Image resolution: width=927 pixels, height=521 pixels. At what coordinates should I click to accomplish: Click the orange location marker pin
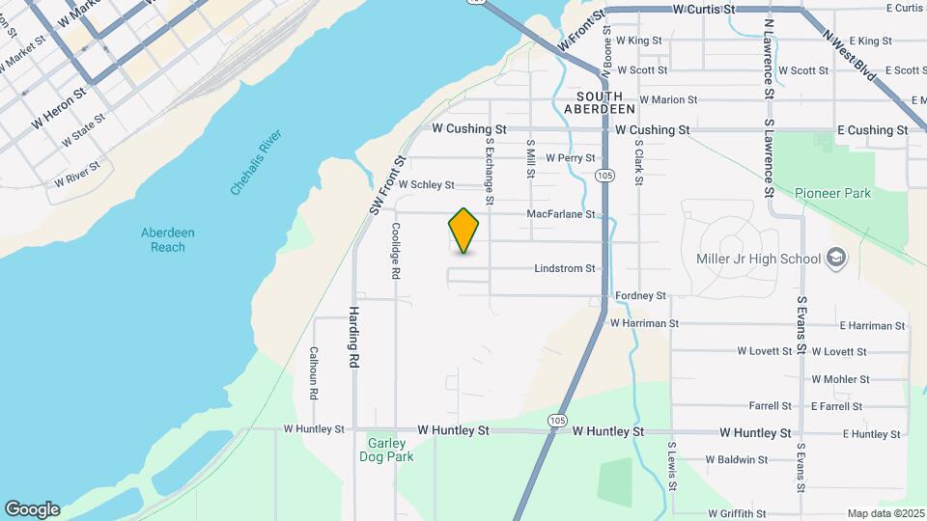point(463,231)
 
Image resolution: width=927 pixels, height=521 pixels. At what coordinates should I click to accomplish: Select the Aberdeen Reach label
point(168,239)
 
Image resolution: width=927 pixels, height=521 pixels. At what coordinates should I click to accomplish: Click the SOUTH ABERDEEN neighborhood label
point(606,103)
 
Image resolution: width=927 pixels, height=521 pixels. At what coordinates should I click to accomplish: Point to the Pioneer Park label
point(832,193)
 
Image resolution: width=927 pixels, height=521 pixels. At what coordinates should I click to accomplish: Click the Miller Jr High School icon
point(836,259)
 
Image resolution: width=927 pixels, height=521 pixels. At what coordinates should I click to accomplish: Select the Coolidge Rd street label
point(396,251)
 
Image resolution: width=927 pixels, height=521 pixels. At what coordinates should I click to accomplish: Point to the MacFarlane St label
point(561,214)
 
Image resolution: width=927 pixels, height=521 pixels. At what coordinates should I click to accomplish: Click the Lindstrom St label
point(565,268)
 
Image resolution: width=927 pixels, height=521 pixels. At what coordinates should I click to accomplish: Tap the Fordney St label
point(640,295)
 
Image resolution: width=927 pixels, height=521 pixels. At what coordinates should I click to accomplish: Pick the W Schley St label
point(425,184)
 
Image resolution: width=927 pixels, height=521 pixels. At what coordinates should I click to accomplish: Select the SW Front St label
point(383,185)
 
